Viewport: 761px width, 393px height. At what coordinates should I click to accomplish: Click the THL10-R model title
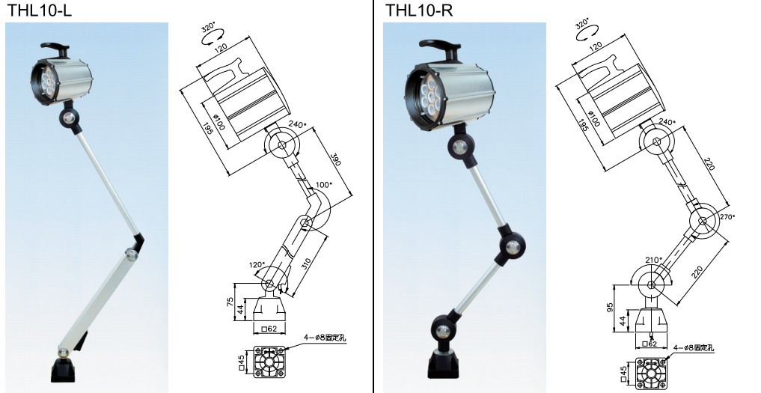[x=420, y=10]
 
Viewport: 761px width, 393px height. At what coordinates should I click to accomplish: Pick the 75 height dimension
[x=230, y=302]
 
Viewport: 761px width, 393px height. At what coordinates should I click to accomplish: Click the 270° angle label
[x=728, y=216]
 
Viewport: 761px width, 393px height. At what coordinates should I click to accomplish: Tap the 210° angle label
[x=652, y=260]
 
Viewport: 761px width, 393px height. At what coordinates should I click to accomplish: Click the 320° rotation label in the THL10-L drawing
[x=209, y=31]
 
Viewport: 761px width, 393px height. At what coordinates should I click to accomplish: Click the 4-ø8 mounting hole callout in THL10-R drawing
[x=695, y=347]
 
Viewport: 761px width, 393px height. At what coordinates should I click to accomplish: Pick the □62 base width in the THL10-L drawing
[x=267, y=328]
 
